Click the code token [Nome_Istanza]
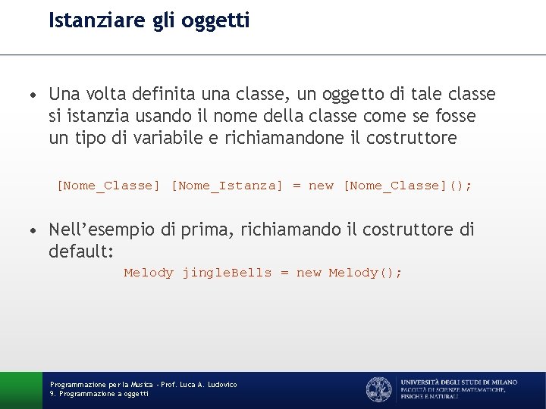tap(227, 186)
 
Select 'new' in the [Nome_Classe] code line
tap(321, 186)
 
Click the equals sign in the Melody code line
tap(284, 273)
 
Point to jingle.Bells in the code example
tap(227, 273)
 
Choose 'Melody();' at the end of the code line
tap(366, 273)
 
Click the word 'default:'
tap(81, 251)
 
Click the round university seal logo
tap(378, 389)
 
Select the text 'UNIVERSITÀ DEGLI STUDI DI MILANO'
tap(459, 382)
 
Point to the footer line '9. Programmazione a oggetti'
tap(99, 394)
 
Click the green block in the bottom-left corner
tap(20, 390)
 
